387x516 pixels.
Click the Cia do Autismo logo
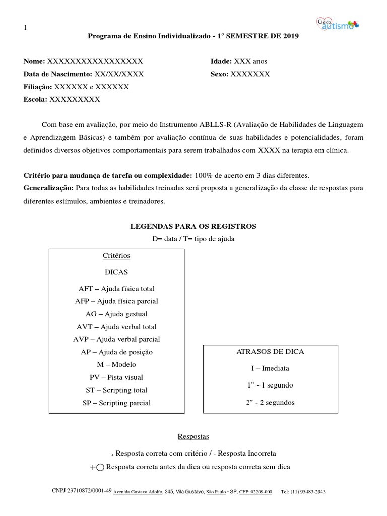pyautogui.click(x=337, y=24)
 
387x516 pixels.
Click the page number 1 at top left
pyautogui.click(x=25, y=27)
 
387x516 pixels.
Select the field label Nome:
pyautogui.click(x=34, y=61)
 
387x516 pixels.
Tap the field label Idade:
pyautogui.click(x=221, y=61)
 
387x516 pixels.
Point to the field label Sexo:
pyautogui.click(x=219, y=74)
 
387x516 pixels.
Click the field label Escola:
pyautogui.click(x=35, y=99)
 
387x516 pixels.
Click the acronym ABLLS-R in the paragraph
pyautogui.click(x=212, y=124)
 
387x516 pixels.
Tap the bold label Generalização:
pyautogui.click(x=48, y=188)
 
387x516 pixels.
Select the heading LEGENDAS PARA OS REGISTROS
pyautogui.click(x=193, y=226)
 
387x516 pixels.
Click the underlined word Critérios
pyautogui.click(x=116, y=256)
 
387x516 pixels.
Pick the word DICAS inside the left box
pyautogui.click(x=116, y=272)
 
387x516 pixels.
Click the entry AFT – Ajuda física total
pyautogui.click(x=116, y=289)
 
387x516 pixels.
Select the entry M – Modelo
pyautogui.click(x=116, y=364)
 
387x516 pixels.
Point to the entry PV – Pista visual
pyautogui.click(x=116, y=377)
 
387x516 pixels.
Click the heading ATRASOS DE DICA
pyautogui.click(x=270, y=352)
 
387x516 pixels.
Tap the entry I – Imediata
pyautogui.click(x=270, y=368)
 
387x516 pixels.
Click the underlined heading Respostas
pyautogui.click(x=193, y=436)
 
